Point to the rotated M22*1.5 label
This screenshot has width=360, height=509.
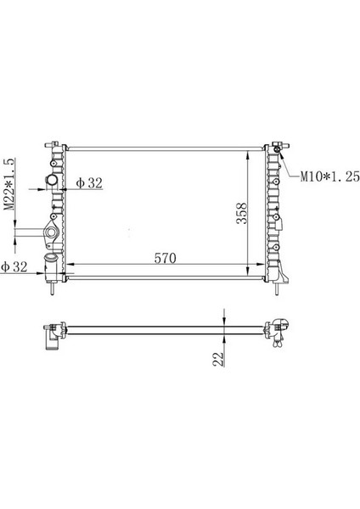tap(11, 188)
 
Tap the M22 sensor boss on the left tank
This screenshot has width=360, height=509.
tap(52, 232)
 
